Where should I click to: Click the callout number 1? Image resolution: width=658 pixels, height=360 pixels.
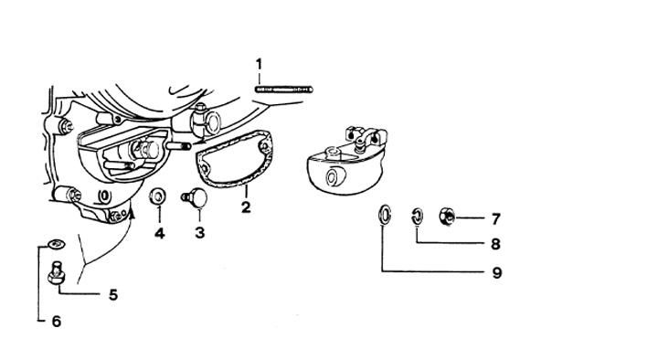259,64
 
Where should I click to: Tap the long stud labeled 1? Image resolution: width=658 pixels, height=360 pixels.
283,90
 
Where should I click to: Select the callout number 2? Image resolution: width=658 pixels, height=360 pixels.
246,206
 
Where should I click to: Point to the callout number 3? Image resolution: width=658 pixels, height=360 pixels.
200,232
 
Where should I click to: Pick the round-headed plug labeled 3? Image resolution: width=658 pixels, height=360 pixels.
195,197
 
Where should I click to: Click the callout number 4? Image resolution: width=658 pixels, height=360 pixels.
159,233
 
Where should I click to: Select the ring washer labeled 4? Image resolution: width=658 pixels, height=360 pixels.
158,196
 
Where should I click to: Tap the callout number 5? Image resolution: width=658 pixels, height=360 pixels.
113,295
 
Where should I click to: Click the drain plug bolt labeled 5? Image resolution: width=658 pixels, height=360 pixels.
56,272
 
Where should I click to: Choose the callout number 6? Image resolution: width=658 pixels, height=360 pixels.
57,322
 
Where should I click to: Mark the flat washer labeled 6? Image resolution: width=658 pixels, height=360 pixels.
57,243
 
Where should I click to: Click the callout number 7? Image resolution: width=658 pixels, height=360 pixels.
496,219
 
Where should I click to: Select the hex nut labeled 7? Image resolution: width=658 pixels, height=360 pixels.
447,217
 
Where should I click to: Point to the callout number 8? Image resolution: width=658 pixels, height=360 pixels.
496,244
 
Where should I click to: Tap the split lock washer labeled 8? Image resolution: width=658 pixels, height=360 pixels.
417,217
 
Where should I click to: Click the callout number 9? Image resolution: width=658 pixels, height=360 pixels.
497,273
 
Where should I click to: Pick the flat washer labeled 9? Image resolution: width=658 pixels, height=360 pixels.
385,215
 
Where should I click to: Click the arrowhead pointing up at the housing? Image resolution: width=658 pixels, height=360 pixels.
133,215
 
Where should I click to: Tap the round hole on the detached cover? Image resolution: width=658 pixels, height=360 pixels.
334,177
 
